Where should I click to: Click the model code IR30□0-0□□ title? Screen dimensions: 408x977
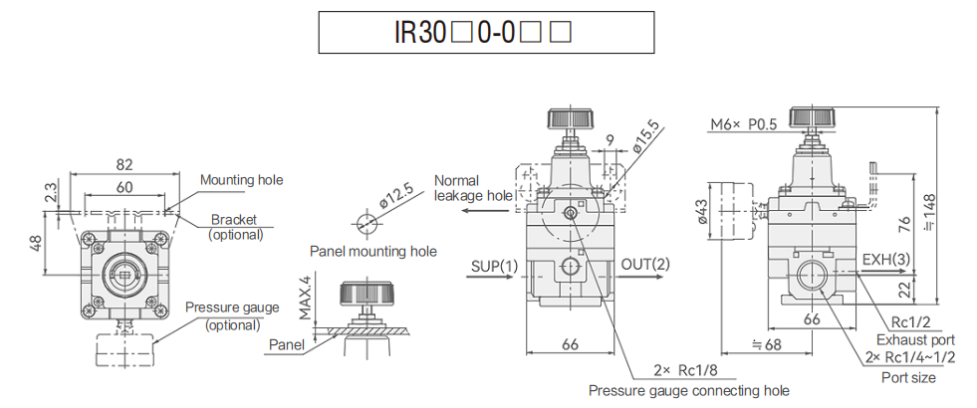[486, 32]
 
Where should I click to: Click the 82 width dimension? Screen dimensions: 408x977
[124, 164]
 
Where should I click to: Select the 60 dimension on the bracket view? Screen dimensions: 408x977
[124, 187]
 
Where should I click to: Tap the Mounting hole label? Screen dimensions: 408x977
[241, 180]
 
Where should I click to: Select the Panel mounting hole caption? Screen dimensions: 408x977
[372, 252]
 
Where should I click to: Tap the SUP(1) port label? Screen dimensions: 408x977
[494, 266]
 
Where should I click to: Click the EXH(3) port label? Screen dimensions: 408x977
[885, 261]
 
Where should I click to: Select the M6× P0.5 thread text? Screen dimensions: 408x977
[745, 124]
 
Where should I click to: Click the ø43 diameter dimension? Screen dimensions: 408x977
[703, 211]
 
